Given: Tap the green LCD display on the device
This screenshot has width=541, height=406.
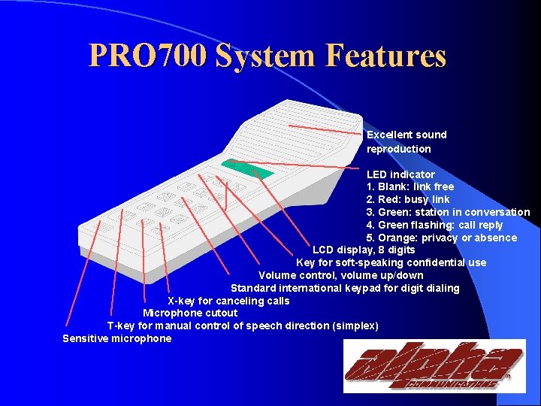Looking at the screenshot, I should (x=239, y=167).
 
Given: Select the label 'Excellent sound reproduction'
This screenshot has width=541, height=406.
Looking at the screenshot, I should (x=406, y=141).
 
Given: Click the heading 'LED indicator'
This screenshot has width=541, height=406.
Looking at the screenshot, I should (x=400, y=174).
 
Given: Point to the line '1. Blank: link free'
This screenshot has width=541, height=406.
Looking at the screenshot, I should (x=410, y=186).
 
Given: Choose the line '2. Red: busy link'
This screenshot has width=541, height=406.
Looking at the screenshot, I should (x=408, y=199).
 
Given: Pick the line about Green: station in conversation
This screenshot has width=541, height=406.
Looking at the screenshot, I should (x=448, y=212).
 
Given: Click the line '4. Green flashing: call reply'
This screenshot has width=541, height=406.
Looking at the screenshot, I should (x=434, y=225).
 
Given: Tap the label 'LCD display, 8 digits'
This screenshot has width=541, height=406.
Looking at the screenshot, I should (x=364, y=250).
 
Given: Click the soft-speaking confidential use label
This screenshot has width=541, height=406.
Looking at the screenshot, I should (x=391, y=262).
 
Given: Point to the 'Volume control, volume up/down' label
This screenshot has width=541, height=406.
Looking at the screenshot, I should (x=340, y=275).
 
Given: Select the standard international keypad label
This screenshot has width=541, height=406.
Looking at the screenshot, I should (x=345, y=288).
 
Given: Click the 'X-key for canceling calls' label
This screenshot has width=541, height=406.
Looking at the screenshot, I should (x=228, y=301).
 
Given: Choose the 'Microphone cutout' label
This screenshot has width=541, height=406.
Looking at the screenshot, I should (x=190, y=313).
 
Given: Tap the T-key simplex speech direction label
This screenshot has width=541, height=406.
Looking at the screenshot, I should (x=243, y=326).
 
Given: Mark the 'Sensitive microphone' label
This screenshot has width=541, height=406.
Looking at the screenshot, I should (x=117, y=338).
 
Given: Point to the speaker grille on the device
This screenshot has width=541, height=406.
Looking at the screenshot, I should (x=301, y=135).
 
